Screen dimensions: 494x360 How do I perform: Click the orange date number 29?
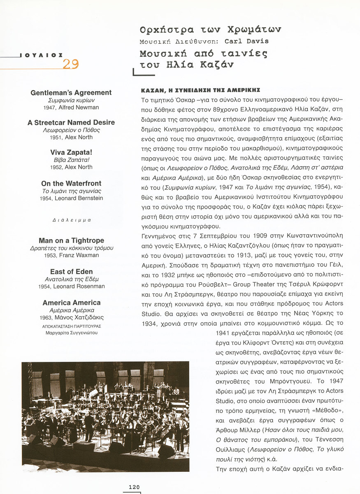70,64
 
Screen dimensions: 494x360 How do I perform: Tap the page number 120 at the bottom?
134,487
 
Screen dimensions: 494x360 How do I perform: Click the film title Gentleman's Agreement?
71,93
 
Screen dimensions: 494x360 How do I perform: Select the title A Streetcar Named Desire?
71,122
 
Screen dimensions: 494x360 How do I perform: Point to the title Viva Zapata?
71,152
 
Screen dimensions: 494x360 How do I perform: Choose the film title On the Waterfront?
71,183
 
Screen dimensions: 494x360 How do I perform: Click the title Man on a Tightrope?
71,240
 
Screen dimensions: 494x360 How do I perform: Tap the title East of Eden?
71,272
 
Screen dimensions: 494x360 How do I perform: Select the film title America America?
71,303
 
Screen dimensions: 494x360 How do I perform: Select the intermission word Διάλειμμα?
71,220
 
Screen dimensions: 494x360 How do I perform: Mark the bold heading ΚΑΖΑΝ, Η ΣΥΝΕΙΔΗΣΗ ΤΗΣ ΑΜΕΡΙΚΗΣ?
201,90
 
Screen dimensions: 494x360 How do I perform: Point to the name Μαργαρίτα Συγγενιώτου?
71,333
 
